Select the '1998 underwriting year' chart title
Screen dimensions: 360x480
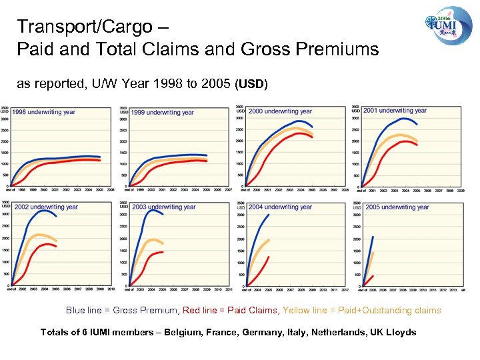coord(43,112)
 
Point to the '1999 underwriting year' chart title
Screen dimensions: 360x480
coord(162,113)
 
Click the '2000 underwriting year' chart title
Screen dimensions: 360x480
coord(280,111)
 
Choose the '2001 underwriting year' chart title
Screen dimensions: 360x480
coord(395,111)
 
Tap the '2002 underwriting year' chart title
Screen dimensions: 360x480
coord(46,207)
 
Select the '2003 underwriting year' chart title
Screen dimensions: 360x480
coord(163,207)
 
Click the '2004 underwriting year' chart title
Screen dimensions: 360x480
coord(280,207)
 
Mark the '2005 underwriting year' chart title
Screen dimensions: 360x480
coord(397,207)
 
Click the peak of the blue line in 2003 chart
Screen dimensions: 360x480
coord(153,211)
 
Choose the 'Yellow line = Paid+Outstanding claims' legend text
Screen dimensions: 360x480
coord(361,310)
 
